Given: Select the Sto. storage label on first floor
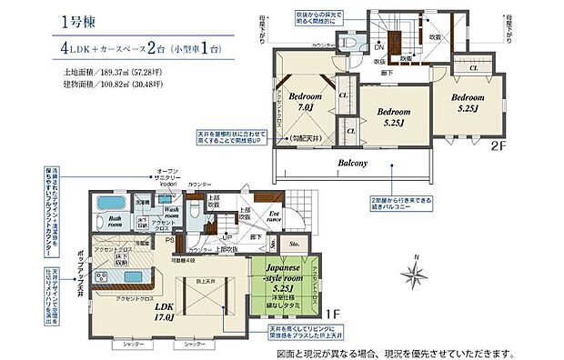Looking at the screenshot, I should click(294, 244).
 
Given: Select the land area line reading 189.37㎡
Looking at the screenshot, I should click(113, 70).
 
